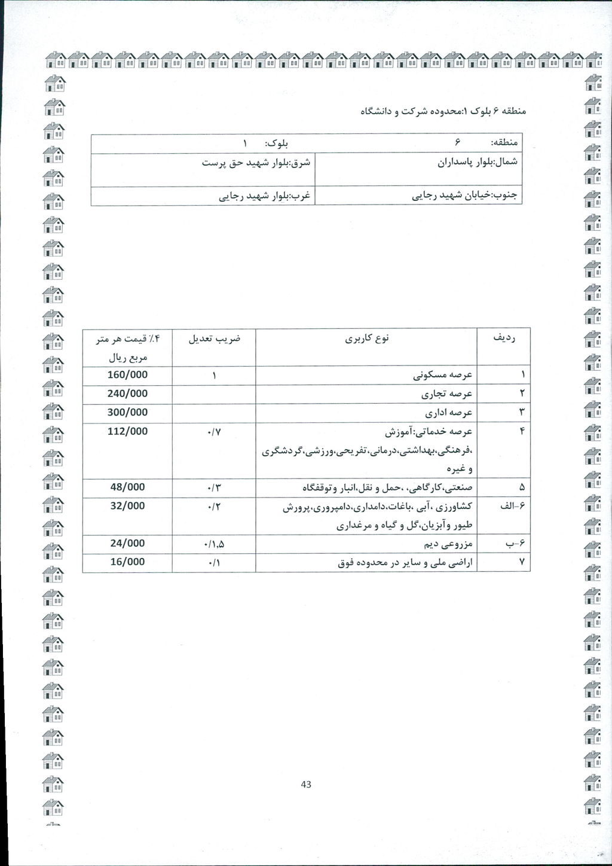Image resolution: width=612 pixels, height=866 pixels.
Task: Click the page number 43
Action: [x=307, y=784]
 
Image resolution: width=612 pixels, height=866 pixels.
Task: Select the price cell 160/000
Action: [x=127, y=375]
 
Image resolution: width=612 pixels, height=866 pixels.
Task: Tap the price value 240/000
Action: [x=127, y=394]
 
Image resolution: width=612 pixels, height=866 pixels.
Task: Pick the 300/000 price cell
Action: [x=127, y=412]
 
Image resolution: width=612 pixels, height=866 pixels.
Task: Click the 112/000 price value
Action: [x=127, y=431]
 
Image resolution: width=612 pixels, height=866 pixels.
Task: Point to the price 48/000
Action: [x=127, y=487]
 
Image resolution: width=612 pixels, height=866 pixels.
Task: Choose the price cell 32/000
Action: [x=127, y=505]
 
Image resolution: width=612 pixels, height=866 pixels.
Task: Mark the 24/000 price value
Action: [x=127, y=543]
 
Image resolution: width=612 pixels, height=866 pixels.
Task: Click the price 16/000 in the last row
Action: [x=127, y=562]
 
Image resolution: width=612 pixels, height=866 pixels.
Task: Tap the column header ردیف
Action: [x=504, y=338]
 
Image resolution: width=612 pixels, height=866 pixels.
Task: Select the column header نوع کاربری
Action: [x=367, y=339]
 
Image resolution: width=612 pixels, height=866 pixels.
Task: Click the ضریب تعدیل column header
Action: [x=214, y=339]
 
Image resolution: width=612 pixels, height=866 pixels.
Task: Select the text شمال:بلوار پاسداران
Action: [x=478, y=161]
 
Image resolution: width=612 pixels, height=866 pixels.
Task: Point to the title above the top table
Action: [x=445, y=111]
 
